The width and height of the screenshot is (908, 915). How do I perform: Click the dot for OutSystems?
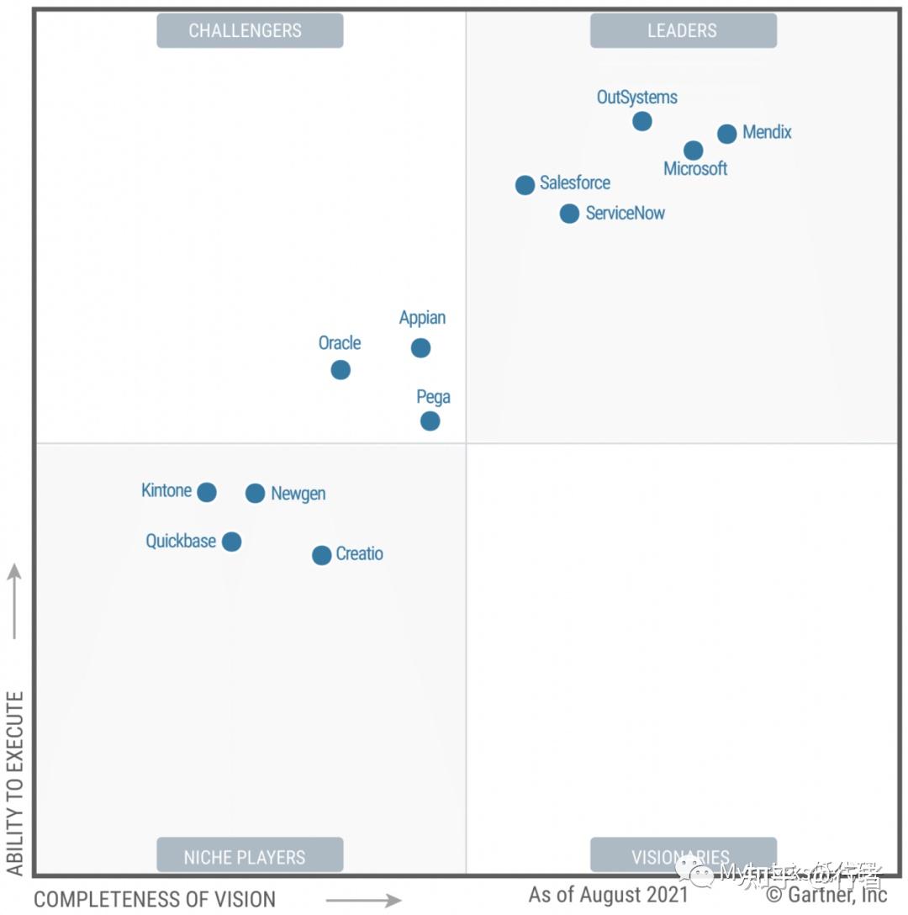pos(641,121)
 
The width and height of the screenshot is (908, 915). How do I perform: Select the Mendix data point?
pos(727,134)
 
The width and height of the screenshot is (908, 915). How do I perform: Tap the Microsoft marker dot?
pos(693,151)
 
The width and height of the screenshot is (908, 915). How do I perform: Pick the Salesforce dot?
pos(525,185)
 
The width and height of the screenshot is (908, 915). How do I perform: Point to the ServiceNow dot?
pos(569,214)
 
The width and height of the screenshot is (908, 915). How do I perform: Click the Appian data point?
pos(420,348)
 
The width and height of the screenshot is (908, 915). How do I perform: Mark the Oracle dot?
pos(340,370)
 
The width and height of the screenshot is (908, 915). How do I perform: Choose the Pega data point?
pos(430,420)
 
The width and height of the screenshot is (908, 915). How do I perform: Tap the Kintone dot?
pos(207,492)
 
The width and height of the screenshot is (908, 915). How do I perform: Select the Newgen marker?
pos(255,494)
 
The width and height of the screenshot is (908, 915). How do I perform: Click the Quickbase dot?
pos(232,542)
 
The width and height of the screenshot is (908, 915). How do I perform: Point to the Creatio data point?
pos(321,555)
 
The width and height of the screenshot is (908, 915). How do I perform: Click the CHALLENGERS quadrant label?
pos(250,31)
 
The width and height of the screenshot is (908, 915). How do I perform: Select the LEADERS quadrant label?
pos(683,31)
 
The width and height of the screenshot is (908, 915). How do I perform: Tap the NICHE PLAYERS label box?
pos(250,857)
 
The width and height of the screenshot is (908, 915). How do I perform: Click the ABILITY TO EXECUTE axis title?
pos(15,782)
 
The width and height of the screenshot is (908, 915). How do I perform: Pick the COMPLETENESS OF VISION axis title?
pos(155,899)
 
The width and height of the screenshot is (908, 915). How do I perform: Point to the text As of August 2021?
pos(608,895)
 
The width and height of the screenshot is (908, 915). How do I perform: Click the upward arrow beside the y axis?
pos(14,600)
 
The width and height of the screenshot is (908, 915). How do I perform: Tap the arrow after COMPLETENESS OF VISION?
pos(363,901)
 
